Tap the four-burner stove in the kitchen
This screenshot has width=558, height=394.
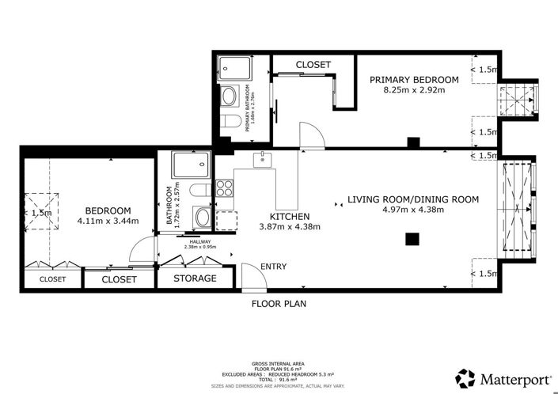click(x=225, y=188)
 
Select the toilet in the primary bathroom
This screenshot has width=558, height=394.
click(x=229, y=122)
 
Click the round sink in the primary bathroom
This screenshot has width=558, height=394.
click(x=228, y=97)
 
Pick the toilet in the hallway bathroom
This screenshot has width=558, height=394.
click(x=201, y=191)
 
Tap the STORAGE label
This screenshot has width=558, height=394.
click(x=195, y=278)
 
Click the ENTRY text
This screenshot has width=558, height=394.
click(x=273, y=267)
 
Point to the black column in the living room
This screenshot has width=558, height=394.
click(x=411, y=239)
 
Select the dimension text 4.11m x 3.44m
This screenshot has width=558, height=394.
click(x=108, y=221)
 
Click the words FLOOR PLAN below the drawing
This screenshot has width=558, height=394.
click(x=279, y=303)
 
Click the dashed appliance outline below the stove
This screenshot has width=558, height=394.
click(x=226, y=221)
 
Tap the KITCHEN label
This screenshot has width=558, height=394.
click(x=290, y=216)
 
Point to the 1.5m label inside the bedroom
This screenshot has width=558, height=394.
click(x=41, y=213)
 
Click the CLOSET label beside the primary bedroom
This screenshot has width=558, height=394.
click(x=313, y=64)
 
